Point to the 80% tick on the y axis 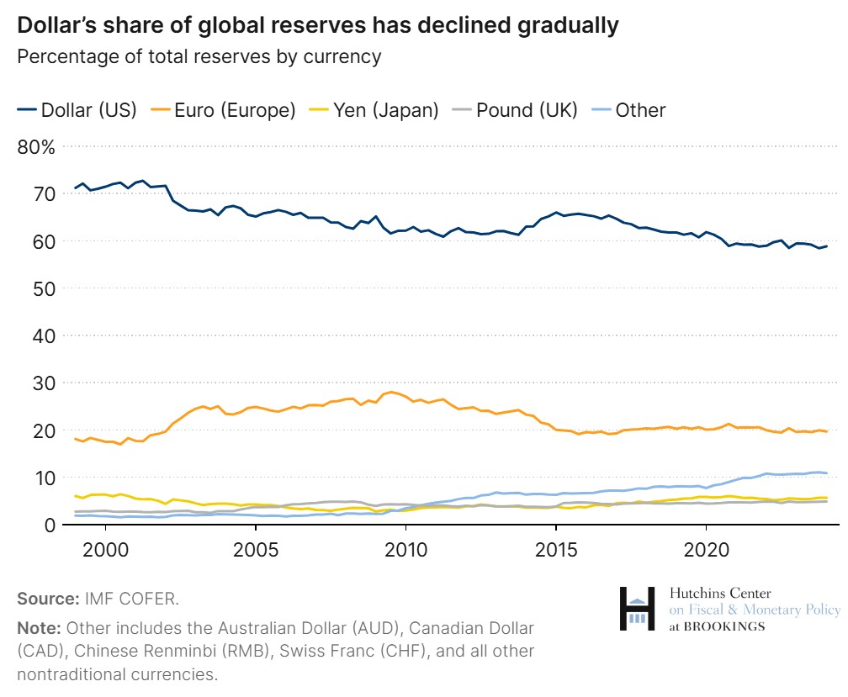point(35,147)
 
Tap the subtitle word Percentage point(65,57)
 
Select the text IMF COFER point(131,599)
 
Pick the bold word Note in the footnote point(38,628)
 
